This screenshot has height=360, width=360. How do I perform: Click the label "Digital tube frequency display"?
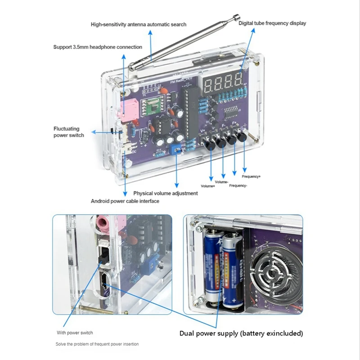coord(272,22)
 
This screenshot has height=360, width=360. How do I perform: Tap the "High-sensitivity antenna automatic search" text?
coord(138,24)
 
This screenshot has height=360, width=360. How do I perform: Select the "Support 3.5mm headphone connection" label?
coord(98,47)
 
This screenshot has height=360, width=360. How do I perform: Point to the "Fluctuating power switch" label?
coord(69,132)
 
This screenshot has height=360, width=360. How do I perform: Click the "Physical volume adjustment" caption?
coord(165,193)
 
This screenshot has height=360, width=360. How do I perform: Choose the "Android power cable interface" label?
coord(125,201)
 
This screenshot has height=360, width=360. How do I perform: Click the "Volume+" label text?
coord(207,185)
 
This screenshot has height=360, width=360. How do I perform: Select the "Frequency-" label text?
coord(238,185)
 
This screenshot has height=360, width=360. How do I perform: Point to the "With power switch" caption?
coord(75,333)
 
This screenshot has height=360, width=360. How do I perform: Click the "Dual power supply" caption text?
coord(241,333)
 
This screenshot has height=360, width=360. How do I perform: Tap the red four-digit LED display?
coord(223,83)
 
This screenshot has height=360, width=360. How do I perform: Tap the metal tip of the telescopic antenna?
coord(235,18)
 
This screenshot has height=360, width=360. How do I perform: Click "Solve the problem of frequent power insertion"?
coord(98,344)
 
